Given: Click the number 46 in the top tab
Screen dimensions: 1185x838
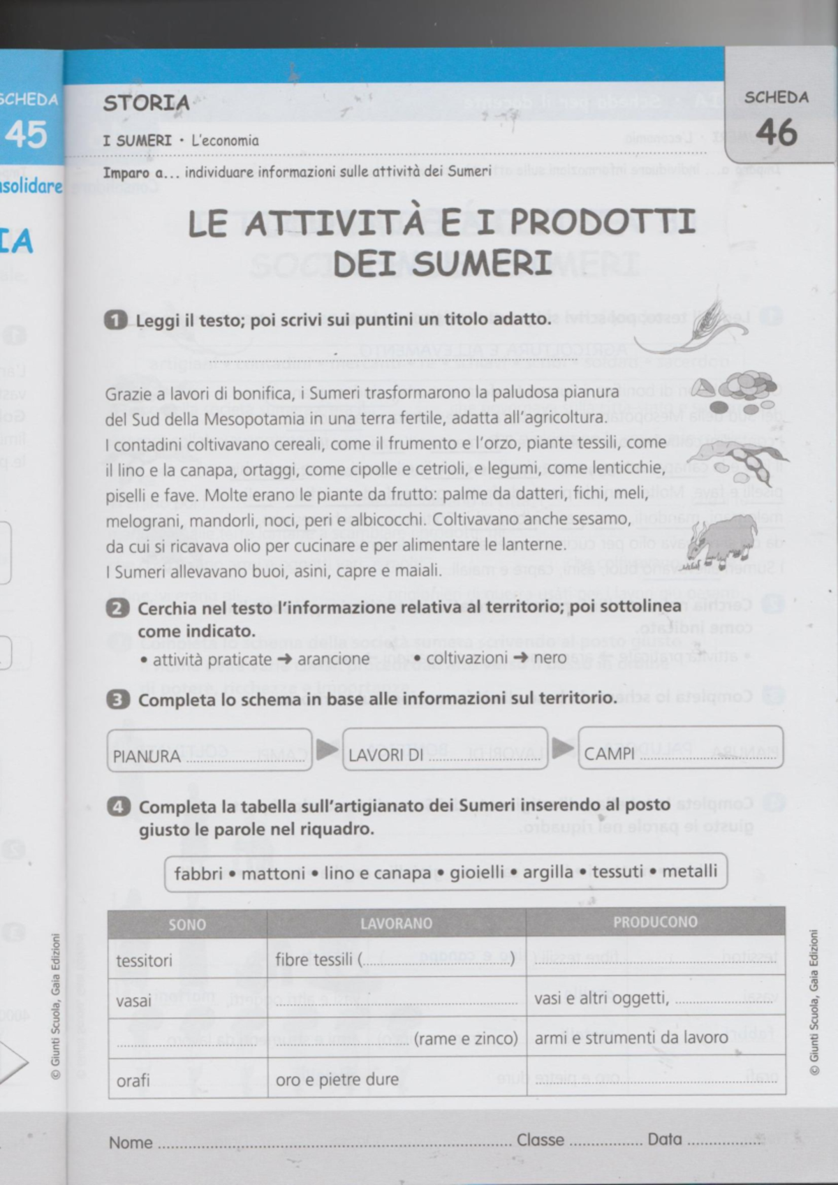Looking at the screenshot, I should pos(776,132).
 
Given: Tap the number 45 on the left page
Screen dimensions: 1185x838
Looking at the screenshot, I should pos(26,134).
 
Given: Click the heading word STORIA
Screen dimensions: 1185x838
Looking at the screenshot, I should pos(146,103).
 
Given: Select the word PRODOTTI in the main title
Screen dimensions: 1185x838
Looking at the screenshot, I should pos(603,222).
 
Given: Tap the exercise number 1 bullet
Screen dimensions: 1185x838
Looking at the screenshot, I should pos(115,320).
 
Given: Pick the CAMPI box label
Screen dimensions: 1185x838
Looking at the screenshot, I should pos(609,753).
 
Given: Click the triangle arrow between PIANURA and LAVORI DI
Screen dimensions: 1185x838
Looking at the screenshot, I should pos(327,750).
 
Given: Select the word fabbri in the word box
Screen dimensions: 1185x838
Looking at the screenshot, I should pos(198,874).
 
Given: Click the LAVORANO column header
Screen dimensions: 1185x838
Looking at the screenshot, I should pos(396,923).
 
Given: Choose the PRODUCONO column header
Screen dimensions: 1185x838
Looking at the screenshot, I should pos(655,922).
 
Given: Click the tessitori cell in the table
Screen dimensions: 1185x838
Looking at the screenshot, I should pos(144,961).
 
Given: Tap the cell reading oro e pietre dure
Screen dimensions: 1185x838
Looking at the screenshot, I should pos(337,1080).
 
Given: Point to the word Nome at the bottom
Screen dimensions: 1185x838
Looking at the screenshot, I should pos(131,1143).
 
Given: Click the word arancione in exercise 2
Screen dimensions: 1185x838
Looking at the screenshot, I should pos(333,659).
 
